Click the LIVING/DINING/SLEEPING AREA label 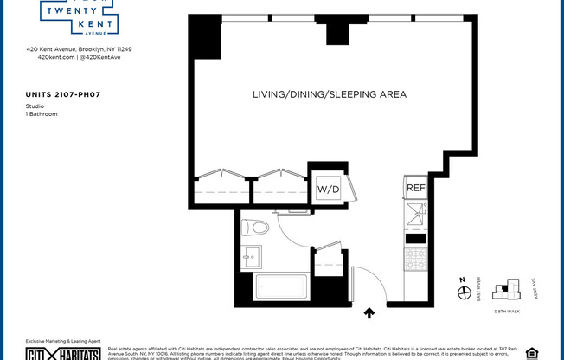tap(329, 94)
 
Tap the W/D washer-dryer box tap(328, 189)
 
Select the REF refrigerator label tap(416, 188)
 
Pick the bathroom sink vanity tap(251, 257)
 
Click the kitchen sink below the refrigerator tap(416, 211)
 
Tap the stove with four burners tap(416, 259)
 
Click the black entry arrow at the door tap(369, 313)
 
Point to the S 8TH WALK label tap(507, 311)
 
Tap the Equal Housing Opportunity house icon tap(531, 352)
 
